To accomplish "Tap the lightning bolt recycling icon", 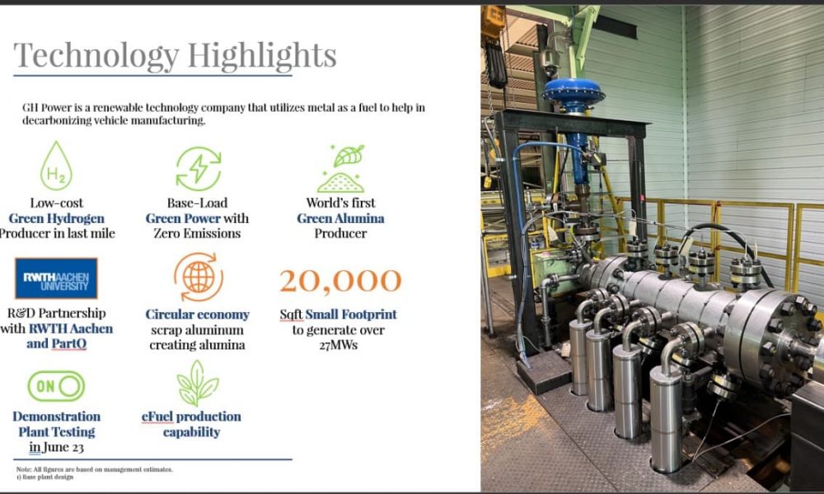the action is (198, 169).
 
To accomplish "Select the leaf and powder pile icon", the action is (340, 169).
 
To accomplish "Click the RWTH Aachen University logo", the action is (56, 278).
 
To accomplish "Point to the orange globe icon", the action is (198, 277).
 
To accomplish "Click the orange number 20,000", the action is (340, 280).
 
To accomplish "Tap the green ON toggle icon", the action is (56, 386).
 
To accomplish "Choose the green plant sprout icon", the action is (198, 383).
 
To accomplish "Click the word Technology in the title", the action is (96, 56).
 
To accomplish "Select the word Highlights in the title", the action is (262, 56).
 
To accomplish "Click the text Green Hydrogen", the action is (57, 218).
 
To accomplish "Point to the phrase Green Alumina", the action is (340, 218).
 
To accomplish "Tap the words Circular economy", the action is (198, 315).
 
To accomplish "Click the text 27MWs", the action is (339, 345).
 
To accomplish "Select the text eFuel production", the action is (191, 417).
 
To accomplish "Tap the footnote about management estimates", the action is (95, 469).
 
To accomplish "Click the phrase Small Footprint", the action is (351, 315).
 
